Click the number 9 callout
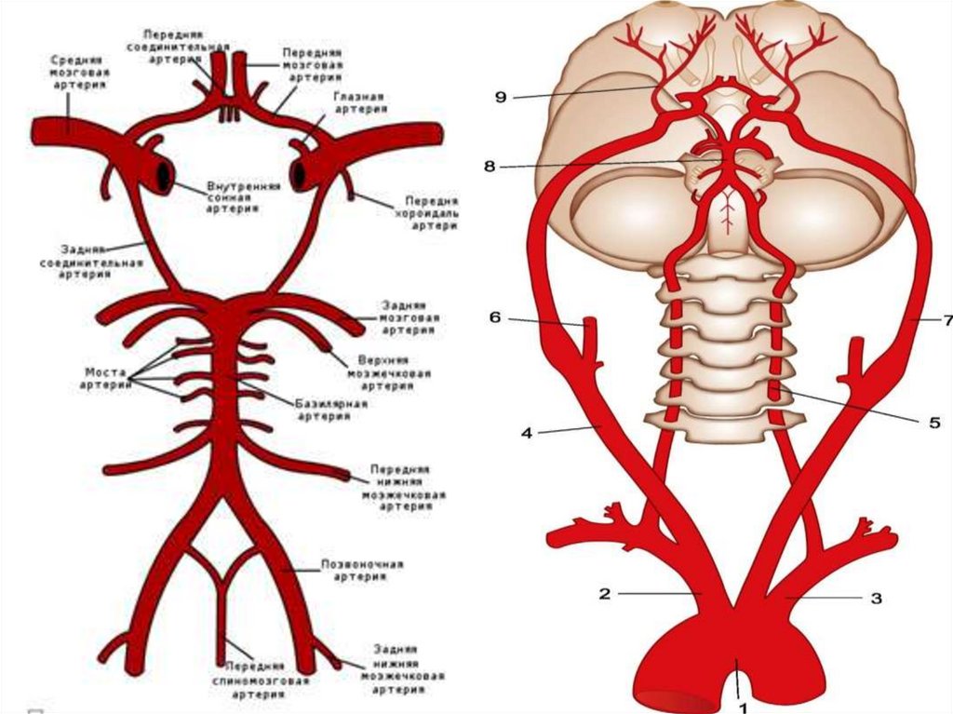click(x=501, y=97)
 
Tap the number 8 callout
click(x=490, y=168)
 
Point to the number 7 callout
click(x=946, y=320)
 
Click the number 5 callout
click(x=933, y=421)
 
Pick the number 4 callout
click(x=526, y=432)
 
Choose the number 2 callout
click(x=604, y=593)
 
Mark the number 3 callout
click(x=876, y=599)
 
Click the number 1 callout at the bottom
click(x=743, y=707)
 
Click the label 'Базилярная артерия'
click(x=331, y=411)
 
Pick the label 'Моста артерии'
click(x=104, y=378)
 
